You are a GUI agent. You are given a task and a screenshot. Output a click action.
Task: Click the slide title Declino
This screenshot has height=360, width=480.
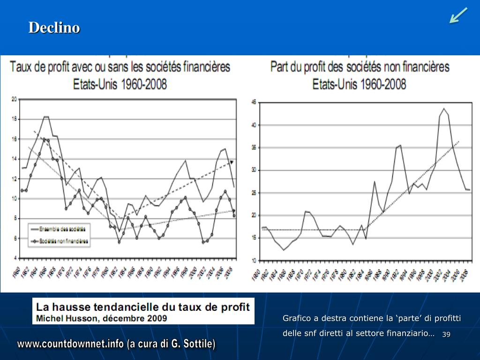54,28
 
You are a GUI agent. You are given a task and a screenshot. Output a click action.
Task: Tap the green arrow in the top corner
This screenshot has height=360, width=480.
458,15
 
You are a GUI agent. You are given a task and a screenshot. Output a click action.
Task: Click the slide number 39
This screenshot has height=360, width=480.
446,334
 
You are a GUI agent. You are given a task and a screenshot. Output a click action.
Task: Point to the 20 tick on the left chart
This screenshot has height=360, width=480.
14,99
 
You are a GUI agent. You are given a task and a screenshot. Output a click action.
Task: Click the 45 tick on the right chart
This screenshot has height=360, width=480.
255,102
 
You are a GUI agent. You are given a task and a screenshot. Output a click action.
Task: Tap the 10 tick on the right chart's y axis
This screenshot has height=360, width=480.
255,261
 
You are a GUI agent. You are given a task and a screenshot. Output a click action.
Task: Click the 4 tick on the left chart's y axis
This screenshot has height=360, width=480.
15,258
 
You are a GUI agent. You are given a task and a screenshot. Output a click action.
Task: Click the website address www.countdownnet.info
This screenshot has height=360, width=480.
70,344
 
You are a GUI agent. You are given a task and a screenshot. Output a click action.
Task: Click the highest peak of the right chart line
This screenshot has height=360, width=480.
443,109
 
